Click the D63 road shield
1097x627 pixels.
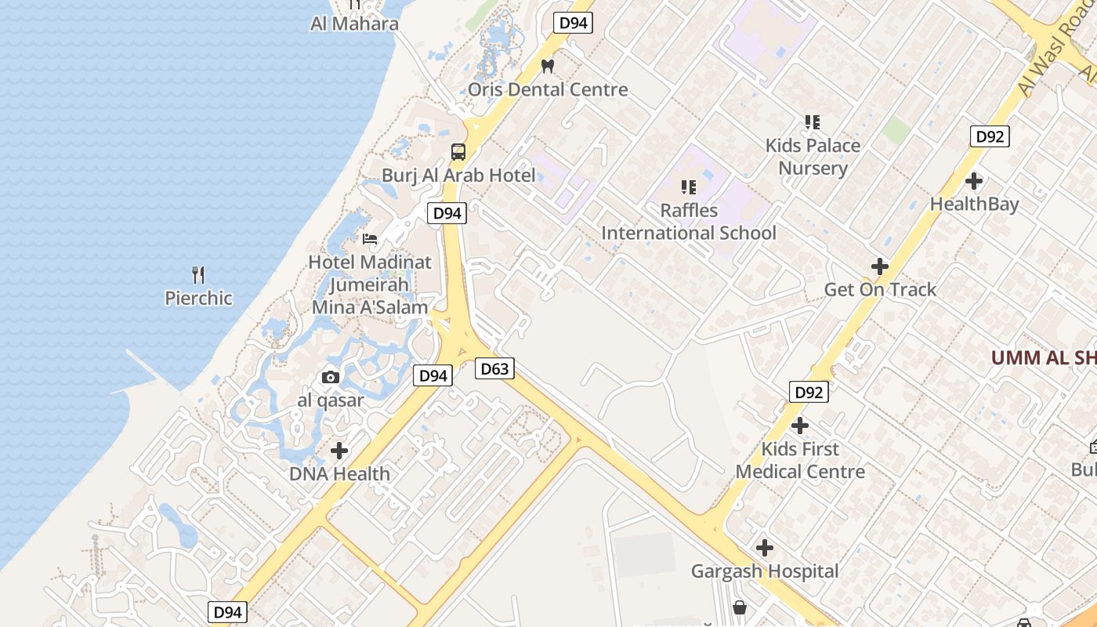pos(494,368)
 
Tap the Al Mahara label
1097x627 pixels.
pos(354,24)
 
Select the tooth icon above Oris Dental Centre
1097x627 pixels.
pos(548,66)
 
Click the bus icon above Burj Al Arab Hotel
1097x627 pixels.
pos(458,152)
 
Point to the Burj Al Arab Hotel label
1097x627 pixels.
pos(458,176)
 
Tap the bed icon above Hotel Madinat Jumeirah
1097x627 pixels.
pos(370,238)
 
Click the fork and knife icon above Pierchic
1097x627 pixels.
pos(198,275)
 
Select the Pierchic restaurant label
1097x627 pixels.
pos(198,298)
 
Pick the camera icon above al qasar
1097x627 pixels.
pos(331,378)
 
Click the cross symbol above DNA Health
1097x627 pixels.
pos(339,451)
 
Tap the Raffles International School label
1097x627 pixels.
pos(689,222)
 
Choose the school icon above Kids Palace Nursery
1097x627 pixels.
pos(813,122)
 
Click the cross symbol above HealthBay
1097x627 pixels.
pos(974,181)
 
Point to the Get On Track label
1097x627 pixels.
pos(880,289)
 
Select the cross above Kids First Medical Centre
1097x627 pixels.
pos(800,426)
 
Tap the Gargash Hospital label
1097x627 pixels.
pos(764,571)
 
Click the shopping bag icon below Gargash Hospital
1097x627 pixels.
pos(739,607)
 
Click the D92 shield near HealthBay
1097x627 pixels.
pos(990,136)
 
